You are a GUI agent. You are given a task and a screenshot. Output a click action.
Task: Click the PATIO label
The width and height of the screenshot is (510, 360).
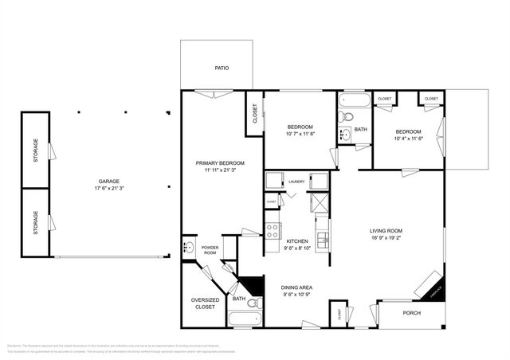point(222,68)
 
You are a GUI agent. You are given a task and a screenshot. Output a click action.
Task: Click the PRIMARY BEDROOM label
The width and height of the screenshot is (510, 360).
point(220,163)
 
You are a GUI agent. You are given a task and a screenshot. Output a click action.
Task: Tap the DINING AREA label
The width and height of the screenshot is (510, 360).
point(296,287)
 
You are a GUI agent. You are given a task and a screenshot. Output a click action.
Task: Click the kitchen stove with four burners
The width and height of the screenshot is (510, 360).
point(272,231)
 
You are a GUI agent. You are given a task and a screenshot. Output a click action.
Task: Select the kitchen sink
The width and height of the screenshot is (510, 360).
point(321,237)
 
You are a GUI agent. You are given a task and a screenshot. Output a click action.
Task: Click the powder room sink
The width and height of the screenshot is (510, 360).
point(188,248)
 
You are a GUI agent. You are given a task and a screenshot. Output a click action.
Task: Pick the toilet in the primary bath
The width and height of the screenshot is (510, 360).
point(252,304)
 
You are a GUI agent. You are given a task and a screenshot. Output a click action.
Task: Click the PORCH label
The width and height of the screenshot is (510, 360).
point(411,313)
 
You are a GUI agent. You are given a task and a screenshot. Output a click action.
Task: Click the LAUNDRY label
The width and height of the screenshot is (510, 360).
point(297,182)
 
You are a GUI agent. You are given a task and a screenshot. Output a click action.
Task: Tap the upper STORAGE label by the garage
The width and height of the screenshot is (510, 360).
point(36,151)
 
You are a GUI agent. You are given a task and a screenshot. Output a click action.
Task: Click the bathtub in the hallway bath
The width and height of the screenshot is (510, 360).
point(351,102)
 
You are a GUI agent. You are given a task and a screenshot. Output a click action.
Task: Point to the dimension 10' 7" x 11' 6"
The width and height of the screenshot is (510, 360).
point(300,134)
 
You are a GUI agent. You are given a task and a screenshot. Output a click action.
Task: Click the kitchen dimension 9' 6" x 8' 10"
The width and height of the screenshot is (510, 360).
point(297,248)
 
